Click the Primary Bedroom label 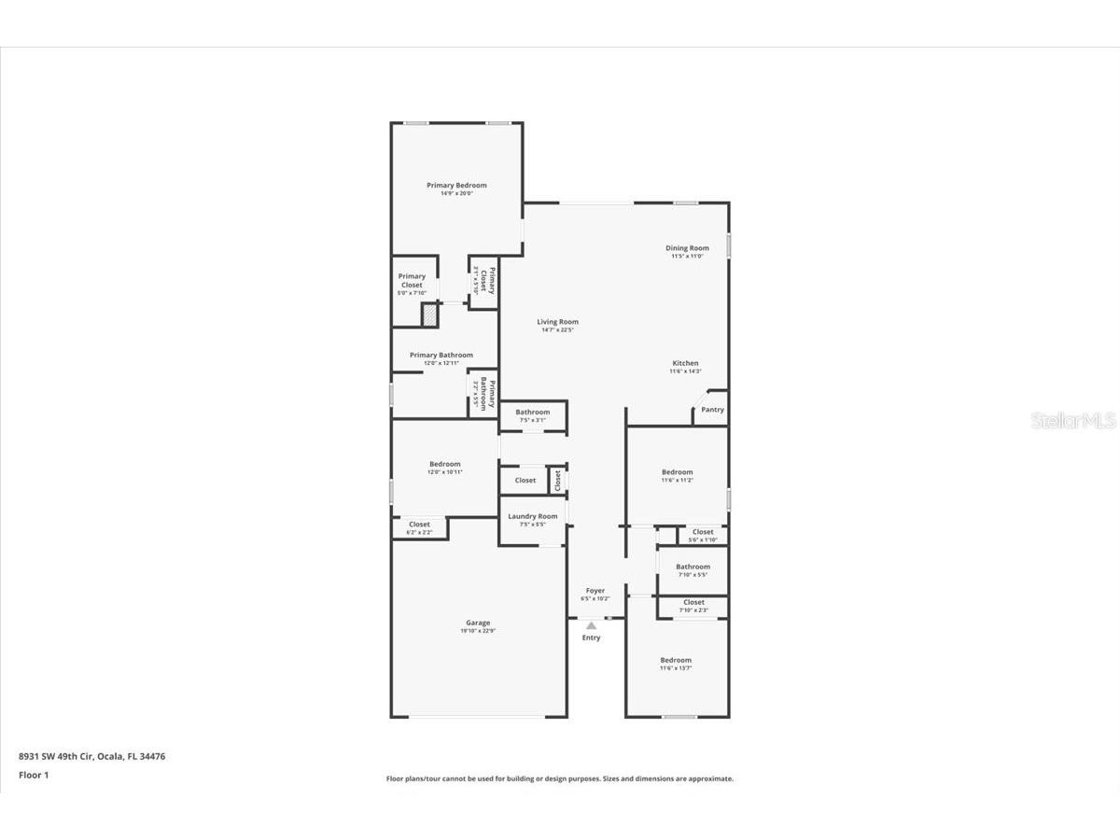pos(456,186)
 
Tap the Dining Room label pos(687,248)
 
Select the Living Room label pos(557,322)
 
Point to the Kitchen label pos(685,364)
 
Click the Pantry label pos(712,410)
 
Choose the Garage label pos(478,623)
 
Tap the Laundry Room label pos(532,516)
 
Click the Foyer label pos(595,591)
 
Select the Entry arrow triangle pos(591,625)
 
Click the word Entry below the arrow pos(592,638)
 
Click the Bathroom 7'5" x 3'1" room pos(533,415)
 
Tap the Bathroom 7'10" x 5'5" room pos(693,569)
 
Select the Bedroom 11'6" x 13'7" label pos(676,661)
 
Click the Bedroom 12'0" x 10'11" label pos(444,465)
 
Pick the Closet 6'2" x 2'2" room pos(419,528)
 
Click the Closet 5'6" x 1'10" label pos(703,533)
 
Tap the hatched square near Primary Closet pos(429,315)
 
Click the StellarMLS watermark pos(1072,422)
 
